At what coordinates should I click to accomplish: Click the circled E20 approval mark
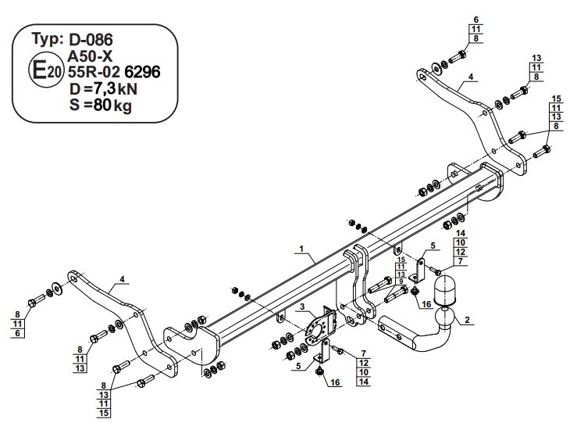click(46, 70)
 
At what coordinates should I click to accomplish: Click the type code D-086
click(91, 39)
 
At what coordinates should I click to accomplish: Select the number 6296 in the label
click(143, 72)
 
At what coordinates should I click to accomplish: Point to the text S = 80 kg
click(101, 106)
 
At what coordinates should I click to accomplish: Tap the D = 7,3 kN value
click(103, 89)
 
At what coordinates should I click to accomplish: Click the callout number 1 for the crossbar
click(301, 249)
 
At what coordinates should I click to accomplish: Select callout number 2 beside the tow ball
click(467, 320)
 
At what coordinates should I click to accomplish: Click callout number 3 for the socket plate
click(302, 306)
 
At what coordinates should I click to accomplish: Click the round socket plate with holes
click(315, 331)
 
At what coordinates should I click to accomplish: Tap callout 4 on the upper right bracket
click(471, 77)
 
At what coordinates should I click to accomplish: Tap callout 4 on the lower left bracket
click(122, 279)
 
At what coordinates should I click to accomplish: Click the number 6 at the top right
click(476, 20)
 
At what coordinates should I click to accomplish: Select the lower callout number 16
click(335, 382)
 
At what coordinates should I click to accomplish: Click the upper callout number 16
click(426, 304)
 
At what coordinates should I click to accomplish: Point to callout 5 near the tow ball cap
click(433, 246)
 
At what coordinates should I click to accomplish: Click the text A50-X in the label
click(90, 56)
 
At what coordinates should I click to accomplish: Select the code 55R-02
click(94, 72)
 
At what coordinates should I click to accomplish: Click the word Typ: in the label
click(48, 38)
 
